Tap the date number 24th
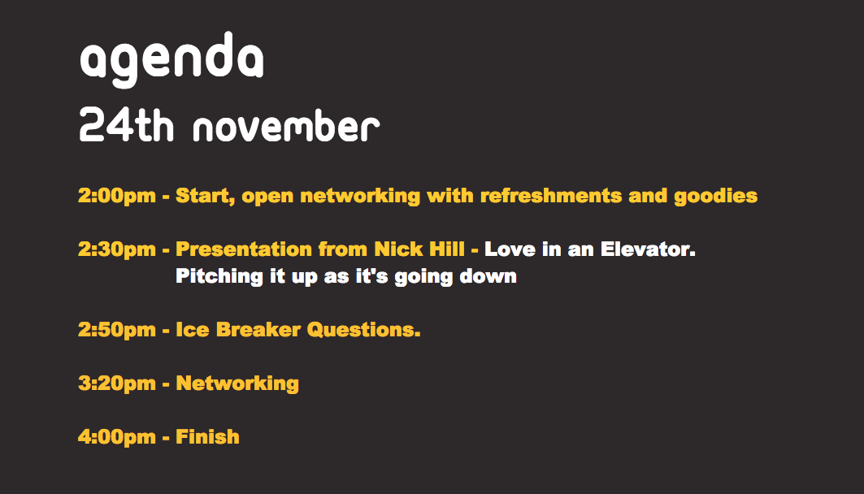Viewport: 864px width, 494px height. click(126, 126)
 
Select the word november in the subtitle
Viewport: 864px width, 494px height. click(287, 126)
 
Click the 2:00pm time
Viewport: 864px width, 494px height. click(117, 196)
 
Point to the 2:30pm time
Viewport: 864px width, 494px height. click(117, 249)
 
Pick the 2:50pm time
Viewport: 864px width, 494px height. click(117, 330)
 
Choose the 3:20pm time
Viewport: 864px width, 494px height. click(117, 383)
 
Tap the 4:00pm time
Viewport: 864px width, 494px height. click(117, 437)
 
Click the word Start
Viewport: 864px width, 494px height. click(206, 197)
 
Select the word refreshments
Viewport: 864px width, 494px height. click(551, 196)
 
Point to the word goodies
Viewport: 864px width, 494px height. click(716, 197)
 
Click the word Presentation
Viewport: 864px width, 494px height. click(244, 249)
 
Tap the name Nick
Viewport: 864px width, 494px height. click(398, 249)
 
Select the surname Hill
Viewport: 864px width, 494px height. click(447, 249)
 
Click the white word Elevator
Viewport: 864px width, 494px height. click(648, 249)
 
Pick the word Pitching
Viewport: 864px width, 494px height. click(219, 276)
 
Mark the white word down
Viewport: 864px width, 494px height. click(488, 276)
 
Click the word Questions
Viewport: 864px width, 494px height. click(363, 330)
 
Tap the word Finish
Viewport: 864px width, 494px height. click(208, 437)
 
